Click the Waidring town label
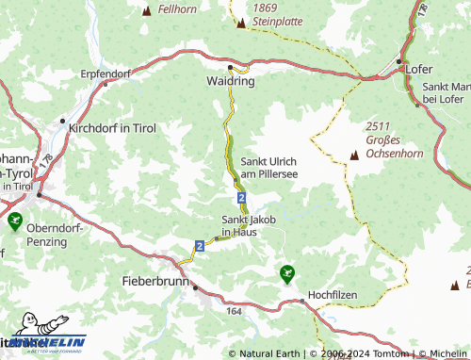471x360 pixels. (231, 82)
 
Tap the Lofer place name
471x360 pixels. (420, 68)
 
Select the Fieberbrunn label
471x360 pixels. (155, 281)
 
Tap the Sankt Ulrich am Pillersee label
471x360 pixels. (269, 167)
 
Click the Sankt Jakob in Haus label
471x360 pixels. (245, 225)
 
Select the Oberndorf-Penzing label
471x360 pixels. (59, 235)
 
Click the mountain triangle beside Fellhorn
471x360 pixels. (146, 10)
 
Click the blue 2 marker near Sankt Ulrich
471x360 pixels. (242, 197)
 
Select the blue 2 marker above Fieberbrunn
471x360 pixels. (200, 245)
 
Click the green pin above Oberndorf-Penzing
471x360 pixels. (14, 221)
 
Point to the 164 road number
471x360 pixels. (234, 309)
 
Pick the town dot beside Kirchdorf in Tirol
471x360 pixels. (62, 121)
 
